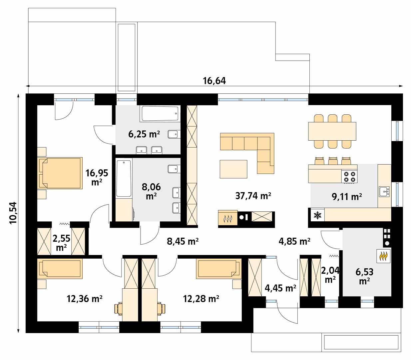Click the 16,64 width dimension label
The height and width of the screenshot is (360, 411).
(x=214, y=81)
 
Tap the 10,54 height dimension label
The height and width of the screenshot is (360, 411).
(x=14, y=213)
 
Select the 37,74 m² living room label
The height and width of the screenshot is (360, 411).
(x=253, y=196)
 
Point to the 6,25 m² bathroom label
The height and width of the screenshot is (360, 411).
(x=144, y=134)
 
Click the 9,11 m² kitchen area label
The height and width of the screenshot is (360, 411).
(x=347, y=197)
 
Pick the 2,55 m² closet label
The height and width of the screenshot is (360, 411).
(x=61, y=243)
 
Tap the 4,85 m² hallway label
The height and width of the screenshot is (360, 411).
(x=294, y=241)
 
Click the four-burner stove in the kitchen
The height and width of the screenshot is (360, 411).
(x=349, y=177)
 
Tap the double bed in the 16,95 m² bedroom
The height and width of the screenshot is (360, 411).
(x=60, y=173)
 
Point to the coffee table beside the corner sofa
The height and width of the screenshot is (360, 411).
(x=233, y=169)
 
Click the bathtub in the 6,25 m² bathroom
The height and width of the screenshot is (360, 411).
(x=160, y=114)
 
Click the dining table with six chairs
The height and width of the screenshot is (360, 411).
(x=332, y=131)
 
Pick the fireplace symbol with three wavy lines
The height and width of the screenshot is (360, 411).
(x=228, y=218)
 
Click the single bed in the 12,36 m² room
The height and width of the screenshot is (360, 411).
(x=60, y=269)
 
